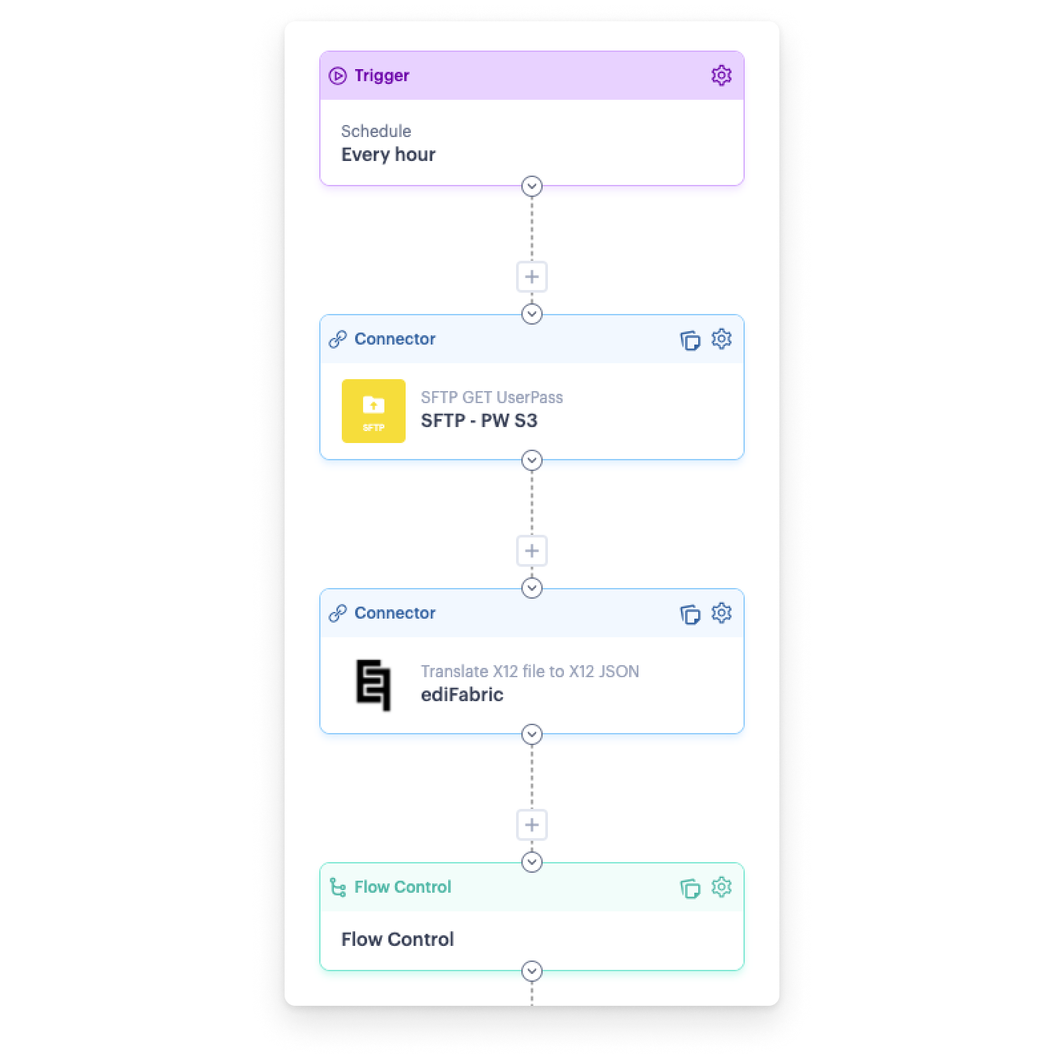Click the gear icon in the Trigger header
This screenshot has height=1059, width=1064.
721,75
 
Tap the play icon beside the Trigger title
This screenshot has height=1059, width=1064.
338,76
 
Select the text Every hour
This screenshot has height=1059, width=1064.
388,154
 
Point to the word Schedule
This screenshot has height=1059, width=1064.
376,131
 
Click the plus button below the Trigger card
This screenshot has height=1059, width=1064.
532,277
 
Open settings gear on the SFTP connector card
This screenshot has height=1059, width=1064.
721,339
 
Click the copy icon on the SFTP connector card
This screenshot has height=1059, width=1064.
690,340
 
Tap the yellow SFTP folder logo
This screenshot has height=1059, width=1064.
374,411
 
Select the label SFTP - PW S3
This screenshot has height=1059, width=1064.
479,420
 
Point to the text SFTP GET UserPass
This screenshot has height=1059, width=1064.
491,397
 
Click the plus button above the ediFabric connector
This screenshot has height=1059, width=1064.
532,551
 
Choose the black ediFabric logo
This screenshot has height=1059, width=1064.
373,685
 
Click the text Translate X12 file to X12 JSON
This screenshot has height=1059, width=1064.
529,671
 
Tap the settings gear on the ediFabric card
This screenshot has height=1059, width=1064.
721,613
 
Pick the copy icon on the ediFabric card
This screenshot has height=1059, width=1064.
690,614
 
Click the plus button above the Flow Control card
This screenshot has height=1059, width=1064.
532,825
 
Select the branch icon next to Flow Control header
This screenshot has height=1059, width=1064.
338,887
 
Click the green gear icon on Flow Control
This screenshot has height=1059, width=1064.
721,887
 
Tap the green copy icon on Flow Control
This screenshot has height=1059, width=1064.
690,888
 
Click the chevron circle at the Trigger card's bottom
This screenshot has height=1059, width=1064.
532,187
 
